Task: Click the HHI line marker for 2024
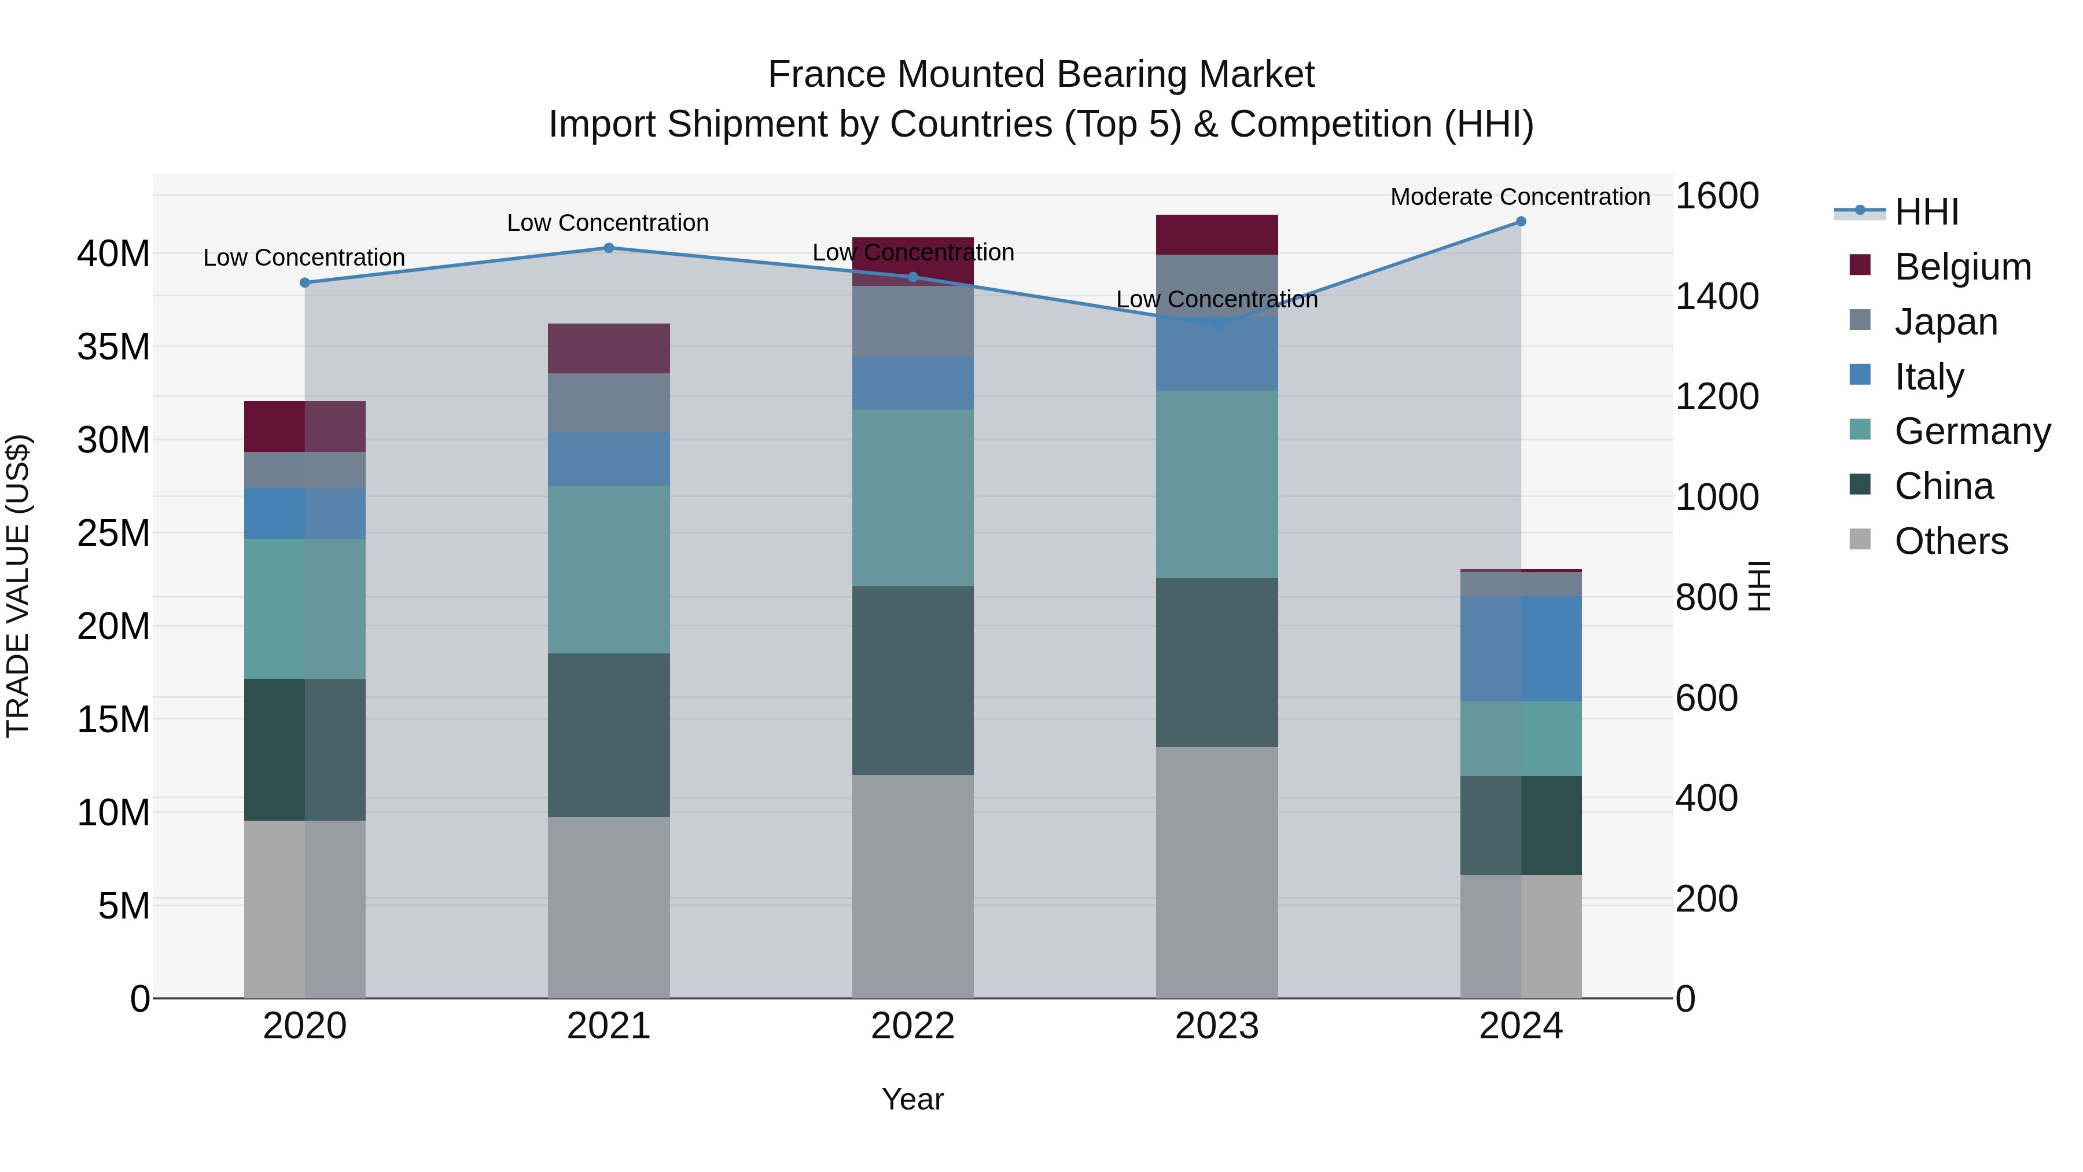pos(1520,222)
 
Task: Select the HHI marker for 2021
pos(609,248)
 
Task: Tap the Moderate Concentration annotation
pos(1519,197)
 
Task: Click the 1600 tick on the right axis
pos(1716,196)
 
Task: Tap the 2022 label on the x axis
pos(912,1026)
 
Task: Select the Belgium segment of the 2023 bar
pos(1216,234)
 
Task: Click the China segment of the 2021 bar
pos(609,734)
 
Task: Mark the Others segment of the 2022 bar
pos(912,886)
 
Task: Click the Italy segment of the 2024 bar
pos(1520,649)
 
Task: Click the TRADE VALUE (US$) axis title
pos(18,586)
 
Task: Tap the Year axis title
pos(912,1099)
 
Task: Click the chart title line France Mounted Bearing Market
pos(1041,75)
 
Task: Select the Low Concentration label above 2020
pos(304,257)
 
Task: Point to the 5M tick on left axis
pos(124,906)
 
